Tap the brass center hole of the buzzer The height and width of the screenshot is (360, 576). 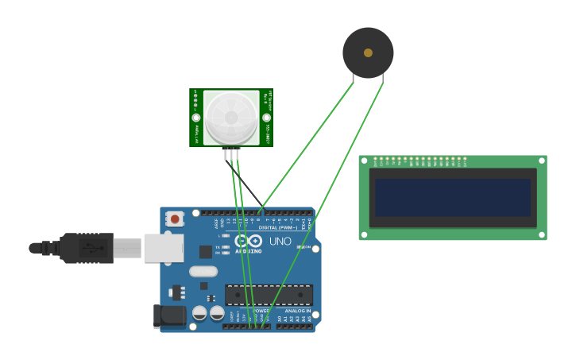(368, 52)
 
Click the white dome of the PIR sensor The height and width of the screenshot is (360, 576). (231, 118)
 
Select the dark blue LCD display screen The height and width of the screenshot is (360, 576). (453, 197)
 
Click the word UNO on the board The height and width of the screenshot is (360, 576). (280, 242)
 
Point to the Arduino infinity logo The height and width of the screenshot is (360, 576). (248, 242)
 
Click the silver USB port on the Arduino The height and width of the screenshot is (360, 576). (164, 248)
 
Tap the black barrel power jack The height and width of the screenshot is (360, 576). (168, 315)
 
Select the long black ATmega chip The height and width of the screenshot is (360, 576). (269, 295)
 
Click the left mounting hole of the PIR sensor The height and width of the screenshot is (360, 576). (196, 118)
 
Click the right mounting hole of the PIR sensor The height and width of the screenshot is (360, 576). (266, 118)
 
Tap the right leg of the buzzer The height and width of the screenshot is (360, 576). (383, 79)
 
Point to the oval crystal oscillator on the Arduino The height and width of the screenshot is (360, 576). (203, 271)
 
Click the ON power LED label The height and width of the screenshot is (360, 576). (307, 247)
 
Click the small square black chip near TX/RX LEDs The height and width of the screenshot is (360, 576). (206, 252)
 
